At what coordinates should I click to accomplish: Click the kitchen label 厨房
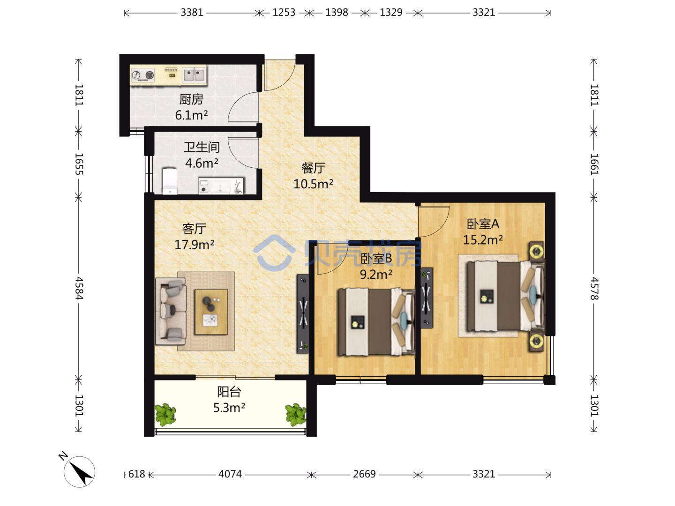coord(191,99)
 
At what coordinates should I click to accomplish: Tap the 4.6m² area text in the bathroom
coord(202,163)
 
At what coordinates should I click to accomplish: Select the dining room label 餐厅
coord(314,168)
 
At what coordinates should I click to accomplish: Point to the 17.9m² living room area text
coord(195,245)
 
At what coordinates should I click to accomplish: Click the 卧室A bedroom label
coord(483,224)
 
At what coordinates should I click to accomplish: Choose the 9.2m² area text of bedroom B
coord(376,274)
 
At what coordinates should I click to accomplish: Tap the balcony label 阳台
coord(229,392)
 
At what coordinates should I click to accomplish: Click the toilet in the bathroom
coord(170,181)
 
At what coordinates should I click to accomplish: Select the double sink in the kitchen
coord(194,74)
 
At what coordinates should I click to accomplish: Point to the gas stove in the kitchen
coord(142,74)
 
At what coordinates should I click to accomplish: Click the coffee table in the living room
coord(211,312)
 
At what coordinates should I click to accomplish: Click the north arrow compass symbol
coord(79,471)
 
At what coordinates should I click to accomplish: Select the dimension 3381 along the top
coord(192,13)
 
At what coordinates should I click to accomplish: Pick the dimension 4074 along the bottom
coord(230,474)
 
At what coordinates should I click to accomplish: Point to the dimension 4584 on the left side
coord(79,288)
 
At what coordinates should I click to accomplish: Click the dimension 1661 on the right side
coord(594,164)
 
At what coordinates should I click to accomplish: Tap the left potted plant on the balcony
coord(165,415)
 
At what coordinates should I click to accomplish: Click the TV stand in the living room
coord(303,313)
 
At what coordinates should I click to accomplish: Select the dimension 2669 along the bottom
coord(364,474)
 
